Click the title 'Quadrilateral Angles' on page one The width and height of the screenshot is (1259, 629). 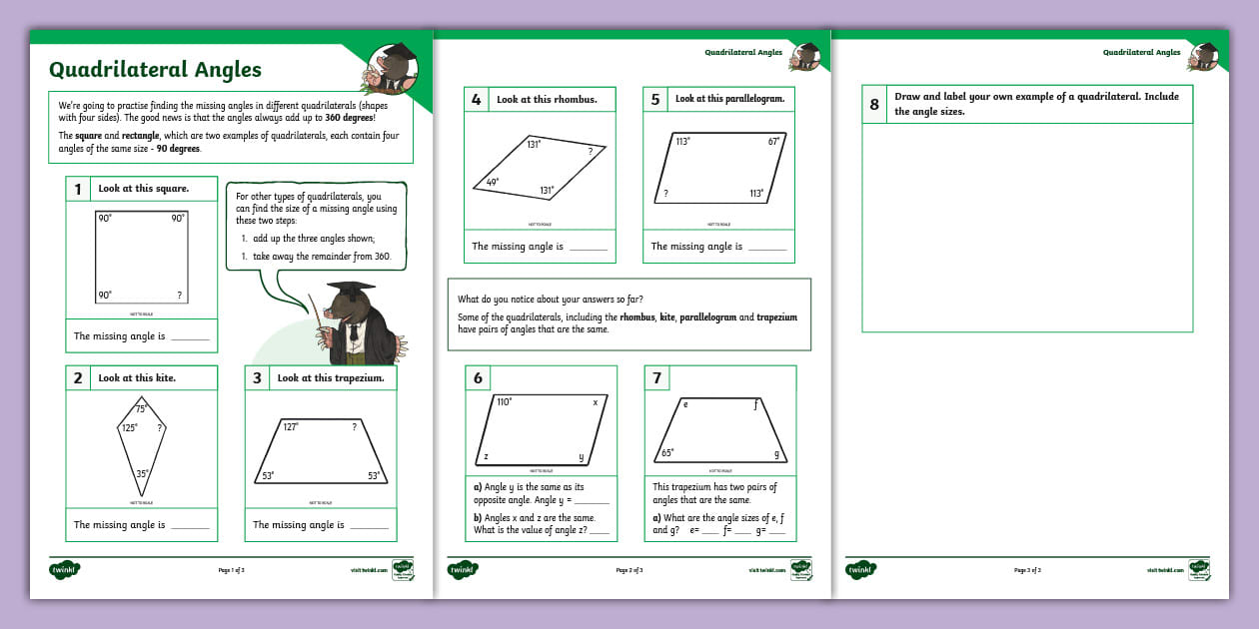pos(155,69)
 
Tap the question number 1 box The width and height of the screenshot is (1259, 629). pos(78,189)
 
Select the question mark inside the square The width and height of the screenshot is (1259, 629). pos(179,296)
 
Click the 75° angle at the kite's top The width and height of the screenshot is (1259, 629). pos(141,408)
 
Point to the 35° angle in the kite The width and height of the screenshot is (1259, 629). pos(142,474)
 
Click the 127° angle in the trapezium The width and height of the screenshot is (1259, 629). pos(291,426)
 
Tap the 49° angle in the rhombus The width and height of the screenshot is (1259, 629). pos(492,183)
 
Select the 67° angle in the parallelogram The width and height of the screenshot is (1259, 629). pos(773,142)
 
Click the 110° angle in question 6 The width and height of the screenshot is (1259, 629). pos(505,402)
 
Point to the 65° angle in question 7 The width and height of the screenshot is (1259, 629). pos(666,452)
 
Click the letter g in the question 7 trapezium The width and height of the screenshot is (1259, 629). pos(775,453)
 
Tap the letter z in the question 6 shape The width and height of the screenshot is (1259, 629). pos(486,456)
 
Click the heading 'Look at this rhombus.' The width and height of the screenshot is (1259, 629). pos(547,100)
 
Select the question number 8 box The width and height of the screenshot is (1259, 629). pos(874,104)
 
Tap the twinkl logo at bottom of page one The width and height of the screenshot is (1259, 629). pos(64,570)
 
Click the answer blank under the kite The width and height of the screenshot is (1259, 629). pos(190,526)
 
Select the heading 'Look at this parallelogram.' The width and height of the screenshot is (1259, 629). pos(729,99)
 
